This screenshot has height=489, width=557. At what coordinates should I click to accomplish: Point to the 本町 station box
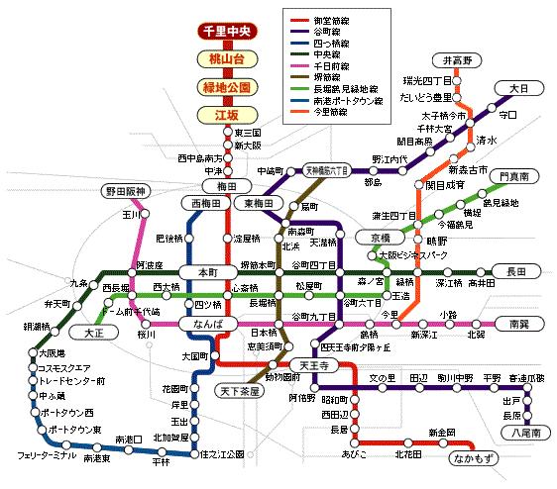click(x=206, y=271)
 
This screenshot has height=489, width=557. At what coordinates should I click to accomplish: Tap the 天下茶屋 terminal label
click(x=238, y=392)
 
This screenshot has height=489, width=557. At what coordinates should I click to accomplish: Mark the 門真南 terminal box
click(x=513, y=175)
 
